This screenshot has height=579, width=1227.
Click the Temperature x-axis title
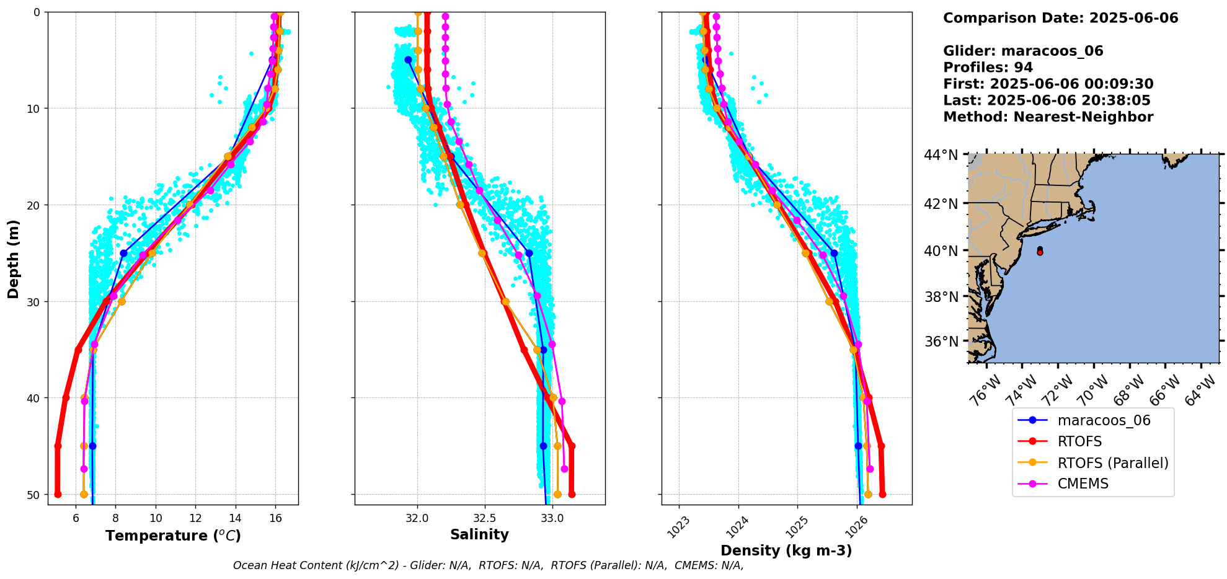173,536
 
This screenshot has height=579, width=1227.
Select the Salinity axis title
479,534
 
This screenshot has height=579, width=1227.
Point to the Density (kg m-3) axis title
786,550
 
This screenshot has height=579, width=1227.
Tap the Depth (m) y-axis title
14,259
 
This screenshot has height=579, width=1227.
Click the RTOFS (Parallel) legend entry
1112,463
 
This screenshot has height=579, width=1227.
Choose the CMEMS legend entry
1083,484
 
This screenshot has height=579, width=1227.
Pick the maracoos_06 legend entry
1104,421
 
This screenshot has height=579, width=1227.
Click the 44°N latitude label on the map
941,155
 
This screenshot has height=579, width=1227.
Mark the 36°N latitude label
941,342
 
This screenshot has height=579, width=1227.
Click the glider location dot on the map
1040,251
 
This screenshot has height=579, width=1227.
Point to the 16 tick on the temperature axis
276,518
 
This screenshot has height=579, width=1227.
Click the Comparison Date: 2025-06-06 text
1060,18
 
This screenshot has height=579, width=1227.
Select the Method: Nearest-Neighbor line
1048,117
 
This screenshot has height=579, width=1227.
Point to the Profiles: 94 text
988,68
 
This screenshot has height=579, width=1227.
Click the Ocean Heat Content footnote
488,565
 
